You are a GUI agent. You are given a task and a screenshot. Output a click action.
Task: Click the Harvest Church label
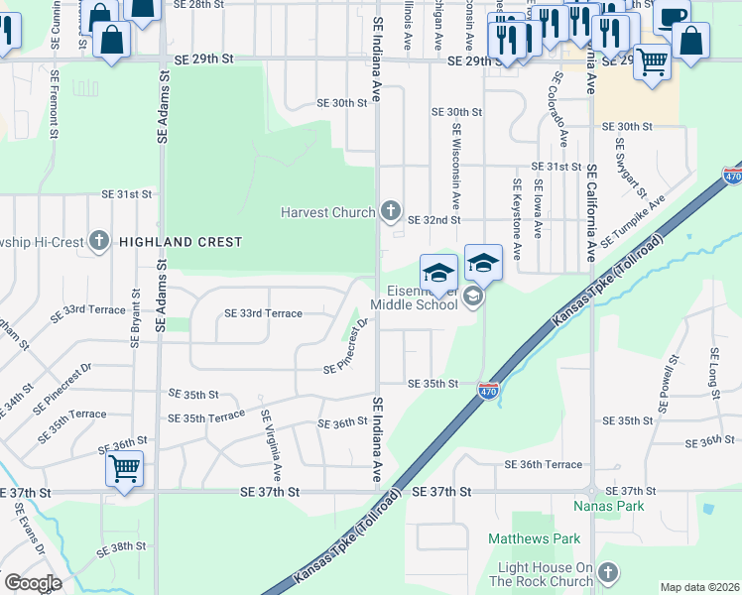click(x=328, y=211)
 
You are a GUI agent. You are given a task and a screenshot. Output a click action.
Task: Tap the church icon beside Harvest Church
click(x=391, y=211)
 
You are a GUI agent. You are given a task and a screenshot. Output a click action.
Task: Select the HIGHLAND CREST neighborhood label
click(x=180, y=242)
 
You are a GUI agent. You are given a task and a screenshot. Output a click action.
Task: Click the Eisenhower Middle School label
click(x=415, y=297)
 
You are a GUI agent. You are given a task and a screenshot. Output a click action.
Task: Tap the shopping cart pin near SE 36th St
click(x=125, y=467)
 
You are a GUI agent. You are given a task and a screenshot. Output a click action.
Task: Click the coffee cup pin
click(x=673, y=16)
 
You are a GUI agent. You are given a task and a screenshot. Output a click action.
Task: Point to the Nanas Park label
click(x=609, y=506)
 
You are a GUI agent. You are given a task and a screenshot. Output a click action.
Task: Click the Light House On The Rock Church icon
click(x=608, y=572)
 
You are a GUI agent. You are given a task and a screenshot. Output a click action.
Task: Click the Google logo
click(x=32, y=583)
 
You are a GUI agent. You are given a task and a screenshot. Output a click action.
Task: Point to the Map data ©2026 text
click(x=699, y=587)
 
